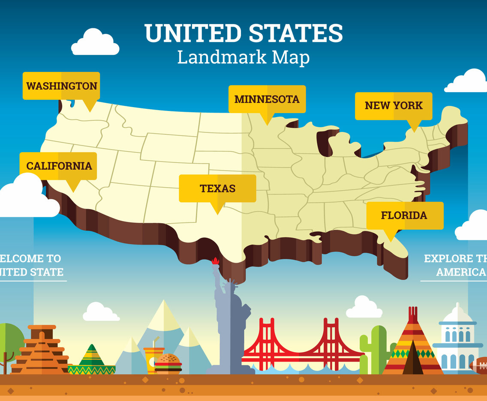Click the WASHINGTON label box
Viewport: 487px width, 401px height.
[61, 86]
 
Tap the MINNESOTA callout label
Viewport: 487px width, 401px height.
[267, 99]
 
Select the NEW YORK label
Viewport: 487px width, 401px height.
[394, 105]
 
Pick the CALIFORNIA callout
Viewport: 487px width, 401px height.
[58, 166]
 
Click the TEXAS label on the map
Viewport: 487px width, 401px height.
[217, 188]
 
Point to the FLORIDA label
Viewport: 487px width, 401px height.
[404, 215]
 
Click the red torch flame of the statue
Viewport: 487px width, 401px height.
[215, 260]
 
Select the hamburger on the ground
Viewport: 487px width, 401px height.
[168, 364]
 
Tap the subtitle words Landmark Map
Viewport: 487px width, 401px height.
[243, 57]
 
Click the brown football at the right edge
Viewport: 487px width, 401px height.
[479, 365]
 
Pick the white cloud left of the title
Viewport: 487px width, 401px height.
[95, 43]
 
